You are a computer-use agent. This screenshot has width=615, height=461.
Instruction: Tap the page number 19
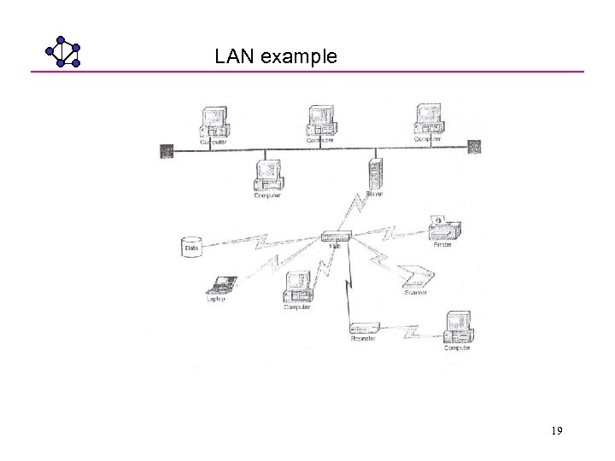click(556, 432)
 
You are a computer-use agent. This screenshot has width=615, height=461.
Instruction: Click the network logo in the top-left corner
click(62, 51)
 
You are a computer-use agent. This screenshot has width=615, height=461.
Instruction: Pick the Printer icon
click(444, 227)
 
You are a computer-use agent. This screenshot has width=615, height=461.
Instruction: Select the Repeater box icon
click(365, 328)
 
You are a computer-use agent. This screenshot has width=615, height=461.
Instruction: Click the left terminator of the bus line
click(167, 151)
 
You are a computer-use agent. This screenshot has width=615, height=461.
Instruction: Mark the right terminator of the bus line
click(474, 147)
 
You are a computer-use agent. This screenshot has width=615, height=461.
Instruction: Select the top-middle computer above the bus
click(321, 121)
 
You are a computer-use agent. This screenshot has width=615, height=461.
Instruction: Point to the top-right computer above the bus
click(428, 120)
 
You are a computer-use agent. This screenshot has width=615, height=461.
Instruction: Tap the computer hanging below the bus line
click(268, 177)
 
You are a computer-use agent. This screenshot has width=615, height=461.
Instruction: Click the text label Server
click(374, 195)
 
